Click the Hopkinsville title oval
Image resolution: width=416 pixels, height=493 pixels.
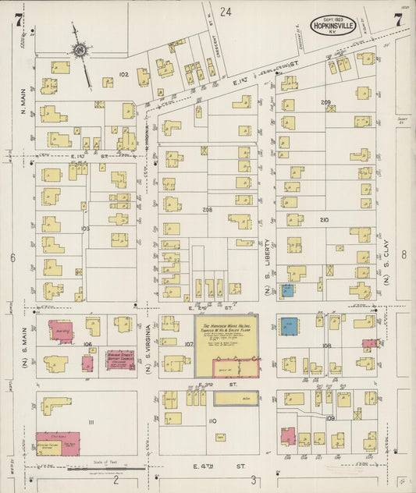coord(335,25)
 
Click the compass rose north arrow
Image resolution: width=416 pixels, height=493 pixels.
coord(79,49)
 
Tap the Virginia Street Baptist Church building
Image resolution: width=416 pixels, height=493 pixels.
coord(119,360)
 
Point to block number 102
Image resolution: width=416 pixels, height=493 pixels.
coord(123,74)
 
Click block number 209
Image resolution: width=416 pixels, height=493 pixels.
coord(325,102)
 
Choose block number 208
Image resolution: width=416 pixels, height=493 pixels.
coord(207,210)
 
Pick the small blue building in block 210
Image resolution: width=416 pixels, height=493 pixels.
coord(287,290)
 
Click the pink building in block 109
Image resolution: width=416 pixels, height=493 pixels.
coord(287,437)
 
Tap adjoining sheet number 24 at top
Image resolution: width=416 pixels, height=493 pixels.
coord(226,12)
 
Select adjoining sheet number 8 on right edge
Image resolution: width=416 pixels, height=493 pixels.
coord(404,254)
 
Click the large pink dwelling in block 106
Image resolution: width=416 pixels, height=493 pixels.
coord(61,330)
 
